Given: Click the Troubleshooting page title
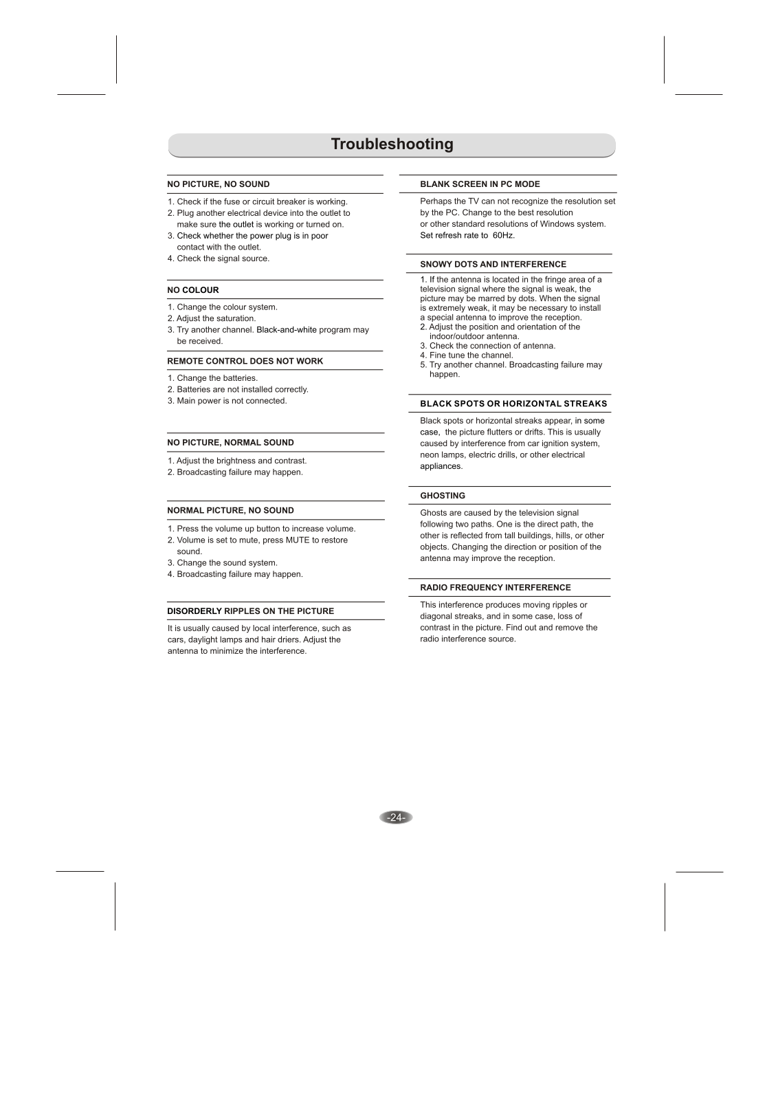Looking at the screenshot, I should pyautogui.click(x=392, y=144).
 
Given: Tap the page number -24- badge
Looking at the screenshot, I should pyautogui.click(x=395, y=817).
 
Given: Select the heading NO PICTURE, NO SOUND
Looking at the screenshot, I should pyautogui.click(x=219, y=184).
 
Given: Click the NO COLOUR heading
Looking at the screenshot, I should pyautogui.click(x=193, y=290).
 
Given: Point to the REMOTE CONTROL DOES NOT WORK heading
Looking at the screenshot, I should pyautogui.click(x=245, y=361).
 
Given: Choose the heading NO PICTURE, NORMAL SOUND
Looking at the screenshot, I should pyautogui.click(x=230, y=443).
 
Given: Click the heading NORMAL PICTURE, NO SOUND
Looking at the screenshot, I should pyautogui.click(x=230, y=511).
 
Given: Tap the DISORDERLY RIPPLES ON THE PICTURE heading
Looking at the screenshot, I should pyautogui.click(x=251, y=611).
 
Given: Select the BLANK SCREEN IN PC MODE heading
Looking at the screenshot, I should pyautogui.click(x=480, y=184).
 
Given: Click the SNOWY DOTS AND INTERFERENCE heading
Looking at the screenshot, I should pyautogui.click(x=493, y=265).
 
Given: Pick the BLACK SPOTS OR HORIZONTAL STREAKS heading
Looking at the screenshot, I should pyautogui.click(x=513, y=404).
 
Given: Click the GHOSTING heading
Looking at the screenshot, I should pyautogui.click(x=443, y=496).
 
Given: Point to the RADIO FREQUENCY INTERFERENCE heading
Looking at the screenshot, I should pyautogui.click(x=495, y=588).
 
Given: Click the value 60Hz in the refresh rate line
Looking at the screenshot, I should pyautogui.click(x=503, y=236).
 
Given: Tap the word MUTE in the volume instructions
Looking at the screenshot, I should pyautogui.click(x=297, y=540).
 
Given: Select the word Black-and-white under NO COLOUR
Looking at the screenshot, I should pyautogui.click(x=287, y=330).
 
